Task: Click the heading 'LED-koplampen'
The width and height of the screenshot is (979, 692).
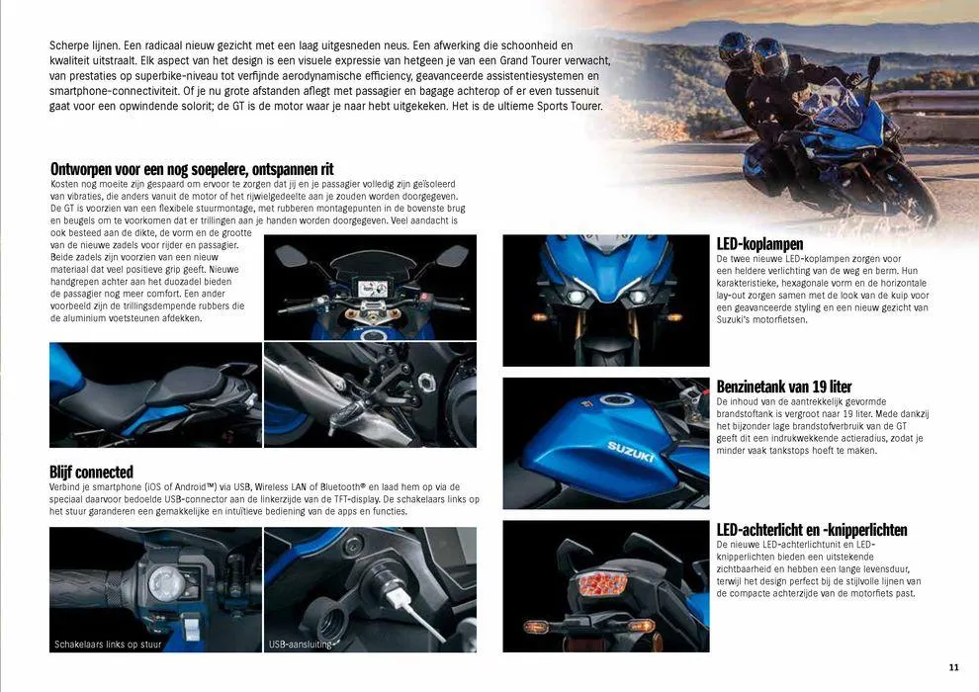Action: (x=759, y=244)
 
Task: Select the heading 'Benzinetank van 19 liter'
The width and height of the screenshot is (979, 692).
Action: (x=783, y=387)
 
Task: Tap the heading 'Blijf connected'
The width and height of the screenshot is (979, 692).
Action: (x=91, y=472)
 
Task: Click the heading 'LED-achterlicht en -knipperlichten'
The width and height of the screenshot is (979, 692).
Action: (x=811, y=530)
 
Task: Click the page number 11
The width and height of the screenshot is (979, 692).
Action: (x=953, y=665)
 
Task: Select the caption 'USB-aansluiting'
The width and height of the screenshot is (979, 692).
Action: (x=301, y=645)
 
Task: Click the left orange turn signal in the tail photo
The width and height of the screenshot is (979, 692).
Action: (x=538, y=626)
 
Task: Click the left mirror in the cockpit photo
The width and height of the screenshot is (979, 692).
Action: (x=291, y=256)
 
